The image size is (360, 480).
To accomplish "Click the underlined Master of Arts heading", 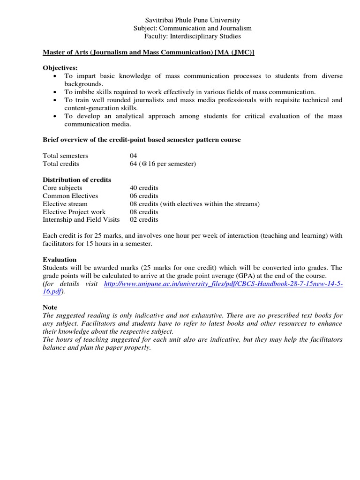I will click(148, 52).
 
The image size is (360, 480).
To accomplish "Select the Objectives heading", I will click(60, 68).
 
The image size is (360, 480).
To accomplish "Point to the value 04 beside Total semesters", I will click(134, 156).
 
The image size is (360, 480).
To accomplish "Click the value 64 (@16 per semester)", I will click(163, 164).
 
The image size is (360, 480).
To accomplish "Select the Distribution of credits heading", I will click(77, 180).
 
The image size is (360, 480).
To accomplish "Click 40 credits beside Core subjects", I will click(144, 187).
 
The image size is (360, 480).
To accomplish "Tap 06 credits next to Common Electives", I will click(144, 195).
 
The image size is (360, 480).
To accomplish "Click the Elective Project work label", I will click(74, 211).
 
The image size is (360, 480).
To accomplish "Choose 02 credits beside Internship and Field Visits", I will click(144, 219).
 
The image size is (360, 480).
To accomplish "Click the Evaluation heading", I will click(60, 259).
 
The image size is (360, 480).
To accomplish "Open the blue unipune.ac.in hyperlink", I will click(223, 284).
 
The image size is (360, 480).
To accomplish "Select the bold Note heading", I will click(50, 307).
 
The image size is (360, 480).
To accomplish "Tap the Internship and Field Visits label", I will click(81, 219).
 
